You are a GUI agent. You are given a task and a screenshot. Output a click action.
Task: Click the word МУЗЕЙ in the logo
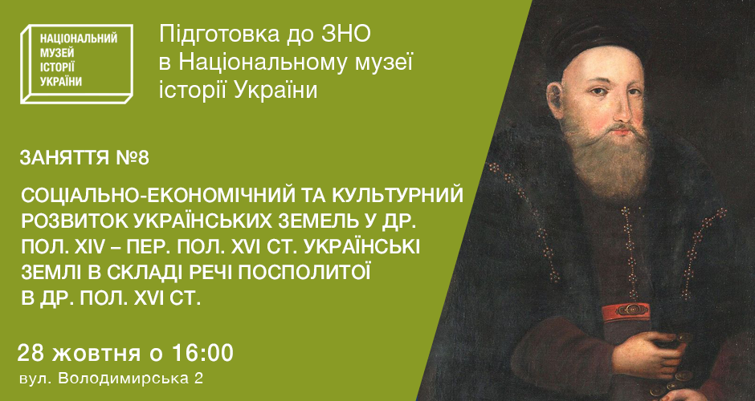[57, 53]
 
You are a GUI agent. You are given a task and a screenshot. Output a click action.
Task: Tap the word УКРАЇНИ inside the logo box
[61, 82]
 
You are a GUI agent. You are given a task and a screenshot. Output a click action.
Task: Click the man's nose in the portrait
[623, 110]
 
